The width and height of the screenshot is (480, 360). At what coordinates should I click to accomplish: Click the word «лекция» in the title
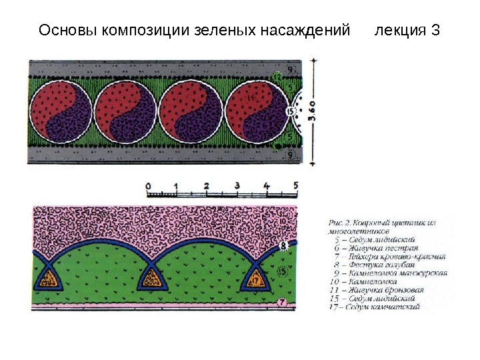coord(398,31)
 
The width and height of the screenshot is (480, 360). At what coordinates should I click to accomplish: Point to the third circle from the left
coord(189,112)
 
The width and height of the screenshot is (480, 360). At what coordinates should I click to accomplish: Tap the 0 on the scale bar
coord(148,185)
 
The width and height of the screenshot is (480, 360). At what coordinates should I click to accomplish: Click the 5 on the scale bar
coord(295,185)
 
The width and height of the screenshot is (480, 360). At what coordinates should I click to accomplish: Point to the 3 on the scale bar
coord(237,185)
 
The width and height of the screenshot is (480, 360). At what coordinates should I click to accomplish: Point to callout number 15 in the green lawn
coord(281,272)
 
